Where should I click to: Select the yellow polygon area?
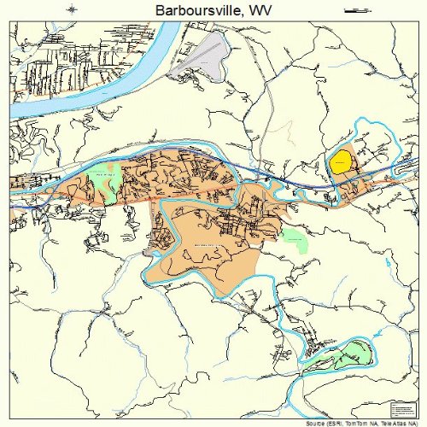341,161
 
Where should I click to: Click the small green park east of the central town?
294,241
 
